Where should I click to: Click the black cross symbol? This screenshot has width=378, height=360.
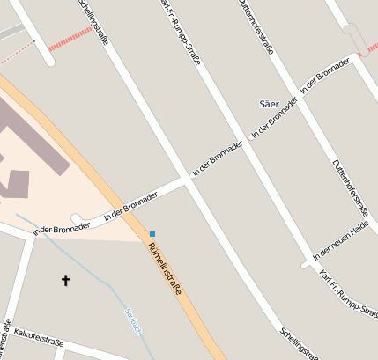click(x=64, y=280)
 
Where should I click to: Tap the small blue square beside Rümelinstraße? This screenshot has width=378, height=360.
click(x=152, y=233)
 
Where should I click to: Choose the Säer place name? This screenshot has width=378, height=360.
click(x=269, y=104)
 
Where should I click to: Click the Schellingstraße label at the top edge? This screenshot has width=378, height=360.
click(x=94, y=19)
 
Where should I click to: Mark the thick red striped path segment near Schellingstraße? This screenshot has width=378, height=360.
click(x=71, y=39)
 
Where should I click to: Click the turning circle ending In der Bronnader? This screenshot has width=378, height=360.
click(x=77, y=217)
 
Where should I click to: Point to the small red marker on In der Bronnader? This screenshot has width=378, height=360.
click(x=249, y=139)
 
